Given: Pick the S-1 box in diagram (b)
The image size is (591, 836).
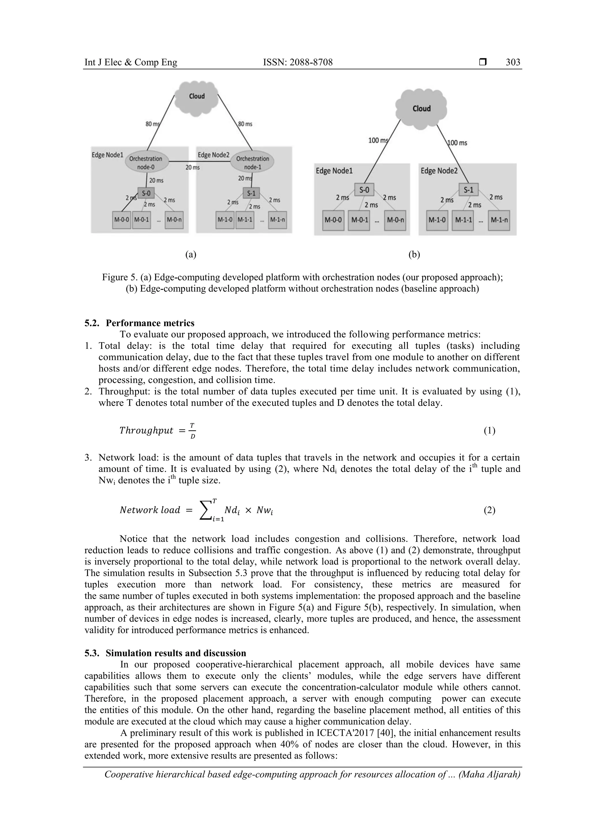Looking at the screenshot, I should (468, 190).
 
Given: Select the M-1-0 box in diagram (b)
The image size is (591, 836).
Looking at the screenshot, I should (437, 220).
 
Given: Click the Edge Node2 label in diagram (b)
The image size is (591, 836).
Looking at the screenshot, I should (439, 171).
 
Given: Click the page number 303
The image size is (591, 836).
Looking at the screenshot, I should (513, 62).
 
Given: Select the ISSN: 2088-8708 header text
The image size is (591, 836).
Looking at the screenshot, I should (298, 62).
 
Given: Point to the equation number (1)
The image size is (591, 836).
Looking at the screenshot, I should (489, 431).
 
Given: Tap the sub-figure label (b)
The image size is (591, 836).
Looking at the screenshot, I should (414, 255).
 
